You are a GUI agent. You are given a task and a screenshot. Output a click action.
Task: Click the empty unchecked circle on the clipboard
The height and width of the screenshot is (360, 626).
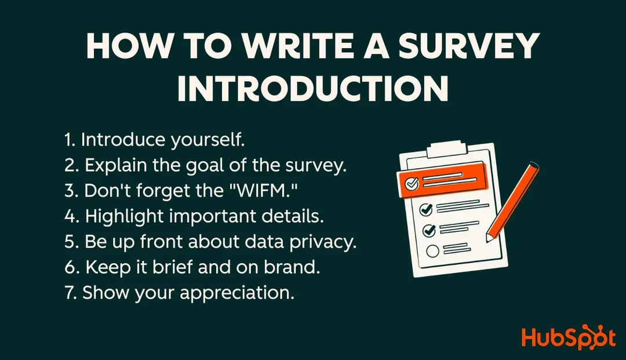431,251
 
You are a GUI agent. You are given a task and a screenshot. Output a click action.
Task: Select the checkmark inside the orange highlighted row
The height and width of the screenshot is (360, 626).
412,184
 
